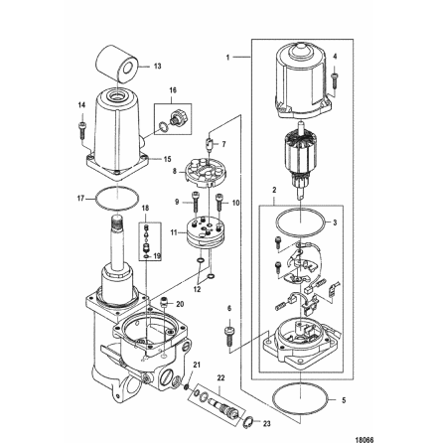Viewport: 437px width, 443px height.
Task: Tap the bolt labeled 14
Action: [81, 127]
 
